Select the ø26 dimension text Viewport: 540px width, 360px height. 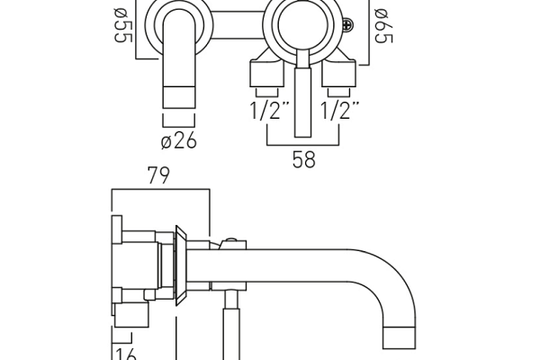pyautogui.click(x=178, y=140)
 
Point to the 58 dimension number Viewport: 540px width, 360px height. pyautogui.click(x=304, y=161)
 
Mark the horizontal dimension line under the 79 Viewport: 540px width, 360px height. pyautogui.click(x=159, y=190)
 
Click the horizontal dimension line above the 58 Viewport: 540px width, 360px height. pyautogui.click(x=304, y=144)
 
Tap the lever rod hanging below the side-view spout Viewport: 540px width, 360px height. pyautogui.click(x=229, y=324)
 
